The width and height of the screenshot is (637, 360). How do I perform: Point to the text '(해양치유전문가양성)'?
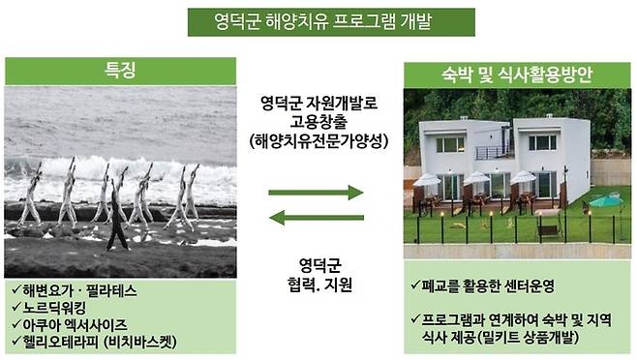317,140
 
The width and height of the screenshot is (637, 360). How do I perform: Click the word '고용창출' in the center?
317,120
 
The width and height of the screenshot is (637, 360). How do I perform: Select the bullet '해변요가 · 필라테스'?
82,288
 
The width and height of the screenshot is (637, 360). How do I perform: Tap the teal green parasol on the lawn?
605,201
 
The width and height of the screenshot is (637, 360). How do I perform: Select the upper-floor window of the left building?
449,144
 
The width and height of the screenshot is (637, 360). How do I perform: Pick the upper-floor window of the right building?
542,142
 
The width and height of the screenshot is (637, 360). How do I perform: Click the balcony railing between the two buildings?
494,152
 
